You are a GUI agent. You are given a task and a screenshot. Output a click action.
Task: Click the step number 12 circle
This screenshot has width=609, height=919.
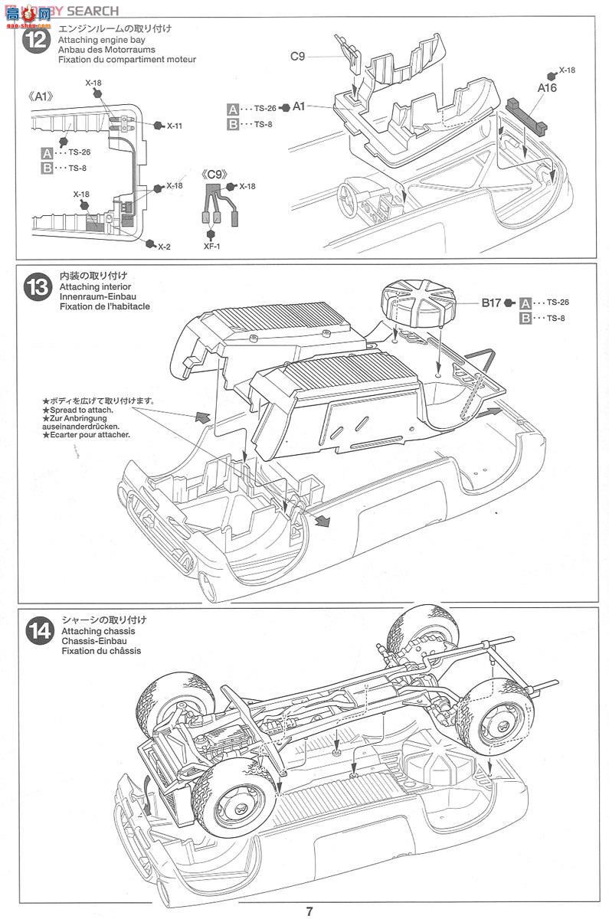(x=37, y=41)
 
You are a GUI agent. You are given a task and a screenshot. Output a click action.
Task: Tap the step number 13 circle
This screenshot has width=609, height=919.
(x=37, y=287)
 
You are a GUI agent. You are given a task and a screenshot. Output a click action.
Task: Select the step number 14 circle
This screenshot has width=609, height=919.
(x=37, y=631)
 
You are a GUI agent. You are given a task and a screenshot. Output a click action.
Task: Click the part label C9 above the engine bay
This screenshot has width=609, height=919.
(x=298, y=55)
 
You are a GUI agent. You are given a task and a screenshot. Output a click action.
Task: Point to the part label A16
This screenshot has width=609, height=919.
(x=546, y=88)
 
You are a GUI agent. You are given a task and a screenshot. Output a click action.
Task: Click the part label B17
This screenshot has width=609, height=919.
(x=491, y=303)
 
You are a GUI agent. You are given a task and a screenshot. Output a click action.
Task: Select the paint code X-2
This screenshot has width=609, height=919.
(x=164, y=246)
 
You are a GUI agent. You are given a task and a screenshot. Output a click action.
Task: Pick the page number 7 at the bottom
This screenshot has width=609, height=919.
(x=309, y=911)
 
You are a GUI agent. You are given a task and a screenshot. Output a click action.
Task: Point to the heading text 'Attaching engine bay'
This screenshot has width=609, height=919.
(x=99, y=39)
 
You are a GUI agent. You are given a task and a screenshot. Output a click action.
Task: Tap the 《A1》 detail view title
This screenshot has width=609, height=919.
(x=39, y=96)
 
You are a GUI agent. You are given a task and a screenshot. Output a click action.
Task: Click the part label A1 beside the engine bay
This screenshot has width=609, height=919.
(x=299, y=106)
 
